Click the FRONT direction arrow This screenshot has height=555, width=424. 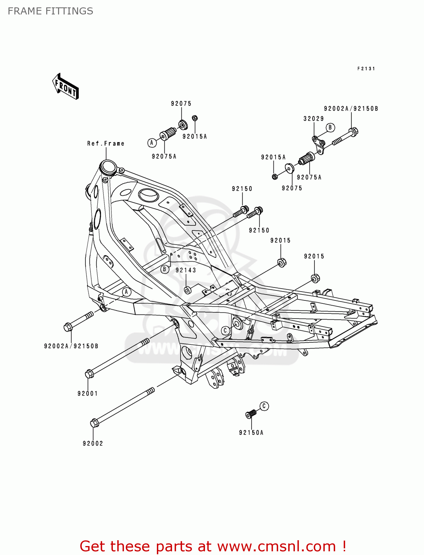pos(65,87)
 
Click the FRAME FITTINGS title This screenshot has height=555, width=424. pos(50,11)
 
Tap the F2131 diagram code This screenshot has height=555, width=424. pos(366,69)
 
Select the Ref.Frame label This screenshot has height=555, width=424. pos(106,144)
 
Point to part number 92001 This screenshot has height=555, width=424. pos(88,394)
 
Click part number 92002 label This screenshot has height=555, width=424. pos(93,444)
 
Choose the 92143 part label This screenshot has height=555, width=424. pos(186,270)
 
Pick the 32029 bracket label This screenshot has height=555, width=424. pos(314,119)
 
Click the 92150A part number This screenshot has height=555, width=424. pos(251,433)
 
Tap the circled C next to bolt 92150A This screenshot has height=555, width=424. pos(264,406)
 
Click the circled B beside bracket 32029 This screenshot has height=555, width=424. pos(330,128)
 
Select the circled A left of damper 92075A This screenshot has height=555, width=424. pos(151,143)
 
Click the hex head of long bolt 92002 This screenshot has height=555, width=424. pos(94,423)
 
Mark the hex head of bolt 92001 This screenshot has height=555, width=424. pos(89,374)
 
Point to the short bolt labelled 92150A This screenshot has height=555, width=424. pos(251,414)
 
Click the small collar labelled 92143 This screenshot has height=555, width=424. pos(188,289)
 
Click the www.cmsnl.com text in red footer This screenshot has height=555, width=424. pos(276,546)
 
